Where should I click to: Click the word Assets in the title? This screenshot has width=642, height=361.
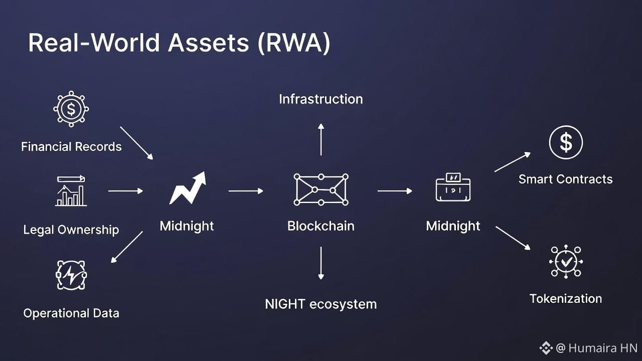pyautogui.click(x=208, y=43)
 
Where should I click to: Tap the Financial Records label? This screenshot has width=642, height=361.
pyautogui.click(x=71, y=147)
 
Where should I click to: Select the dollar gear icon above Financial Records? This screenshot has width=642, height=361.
pyautogui.click(x=71, y=109)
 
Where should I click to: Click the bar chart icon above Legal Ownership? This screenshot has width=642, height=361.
pyautogui.click(x=71, y=191)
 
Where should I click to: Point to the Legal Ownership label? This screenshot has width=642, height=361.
pyautogui.click(x=71, y=230)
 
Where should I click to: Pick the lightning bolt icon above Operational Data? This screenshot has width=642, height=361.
pyautogui.click(x=71, y=275)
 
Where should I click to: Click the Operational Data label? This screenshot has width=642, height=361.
pyautogui.click(x=71, y=313)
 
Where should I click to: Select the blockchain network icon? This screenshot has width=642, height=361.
pyautogui.click(x=321, y=190)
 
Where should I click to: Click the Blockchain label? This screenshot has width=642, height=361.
pyautogui.click(x=321, y=226)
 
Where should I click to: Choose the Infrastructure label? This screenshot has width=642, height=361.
pyautogui.click(x=321, y=99)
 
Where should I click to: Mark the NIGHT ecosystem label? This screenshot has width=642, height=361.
pyautogui.click(x=321, y=304)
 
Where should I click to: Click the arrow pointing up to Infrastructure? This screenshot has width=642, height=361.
pyautogui.click(x=321, y=139)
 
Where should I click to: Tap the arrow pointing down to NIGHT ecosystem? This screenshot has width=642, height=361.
pyautogui.click(x=321, y=263)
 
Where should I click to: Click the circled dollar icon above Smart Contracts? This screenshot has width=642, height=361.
pyautogui.click(x=566, y=142)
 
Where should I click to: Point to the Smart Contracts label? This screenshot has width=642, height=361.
pyautogui.click(x=566, y=179)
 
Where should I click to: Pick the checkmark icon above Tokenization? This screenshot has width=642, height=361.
pyautogui.click(x=566, y=261)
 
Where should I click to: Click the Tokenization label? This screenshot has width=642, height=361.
pyautogui.click(x=566, y=299)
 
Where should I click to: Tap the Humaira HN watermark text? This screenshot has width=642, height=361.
pyautogui.click(x=602, y=347)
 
